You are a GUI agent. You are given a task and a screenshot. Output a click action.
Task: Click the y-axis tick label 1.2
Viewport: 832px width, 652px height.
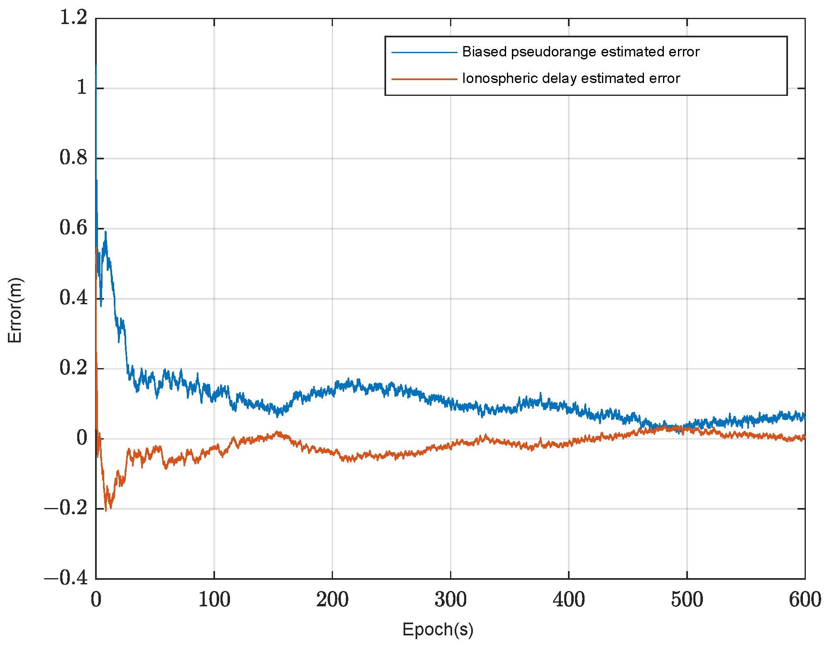click(x=73, y=18)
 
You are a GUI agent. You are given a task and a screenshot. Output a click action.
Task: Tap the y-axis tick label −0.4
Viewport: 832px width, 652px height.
click(x=66, y=578)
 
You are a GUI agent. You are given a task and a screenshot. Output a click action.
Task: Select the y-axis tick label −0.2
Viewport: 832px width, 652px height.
click(x=66, y=508)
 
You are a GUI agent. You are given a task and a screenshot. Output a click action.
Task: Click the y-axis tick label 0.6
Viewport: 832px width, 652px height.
click(x=73, y=228)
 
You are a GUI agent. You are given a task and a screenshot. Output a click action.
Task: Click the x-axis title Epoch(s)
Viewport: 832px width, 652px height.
click(x=438, y=630)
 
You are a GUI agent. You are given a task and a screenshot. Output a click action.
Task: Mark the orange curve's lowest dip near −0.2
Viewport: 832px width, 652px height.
click(x=106, y=510)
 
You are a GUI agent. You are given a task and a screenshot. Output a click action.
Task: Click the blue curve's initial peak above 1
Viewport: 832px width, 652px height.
click(x=96, y=66)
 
